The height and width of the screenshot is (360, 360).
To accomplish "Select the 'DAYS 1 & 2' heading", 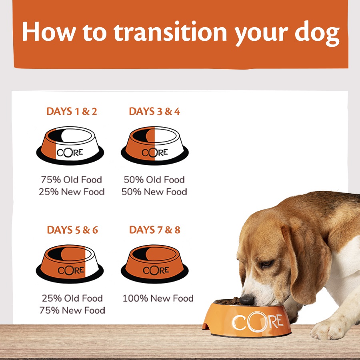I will click(72, 111).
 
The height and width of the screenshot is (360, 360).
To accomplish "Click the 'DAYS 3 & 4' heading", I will click(154, 111).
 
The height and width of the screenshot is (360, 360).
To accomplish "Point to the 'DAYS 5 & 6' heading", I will click(72, 230).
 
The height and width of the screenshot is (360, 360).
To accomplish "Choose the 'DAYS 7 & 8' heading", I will click(155, 230).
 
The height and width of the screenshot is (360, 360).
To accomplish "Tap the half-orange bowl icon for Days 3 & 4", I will click(154, 146).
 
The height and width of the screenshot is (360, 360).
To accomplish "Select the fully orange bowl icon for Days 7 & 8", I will click(154, 264).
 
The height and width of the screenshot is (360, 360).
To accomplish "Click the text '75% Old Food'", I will click(71, 180).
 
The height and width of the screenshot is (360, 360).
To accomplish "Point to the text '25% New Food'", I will click(72, 192).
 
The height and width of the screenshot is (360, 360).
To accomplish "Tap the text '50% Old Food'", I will click(154, 180).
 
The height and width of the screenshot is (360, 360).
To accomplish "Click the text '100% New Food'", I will click(158, 298).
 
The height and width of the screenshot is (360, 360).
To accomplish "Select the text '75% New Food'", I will click(72, 310).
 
